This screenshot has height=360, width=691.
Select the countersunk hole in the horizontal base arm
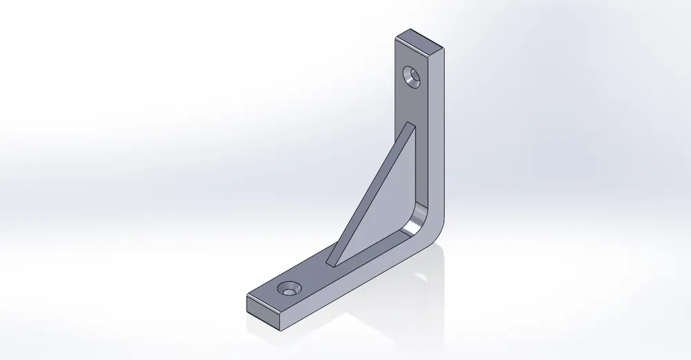(x=290, y=287)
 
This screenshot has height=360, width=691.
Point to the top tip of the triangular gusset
(x=412, y=124)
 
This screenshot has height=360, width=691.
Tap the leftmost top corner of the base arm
(x=247, y=296)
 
